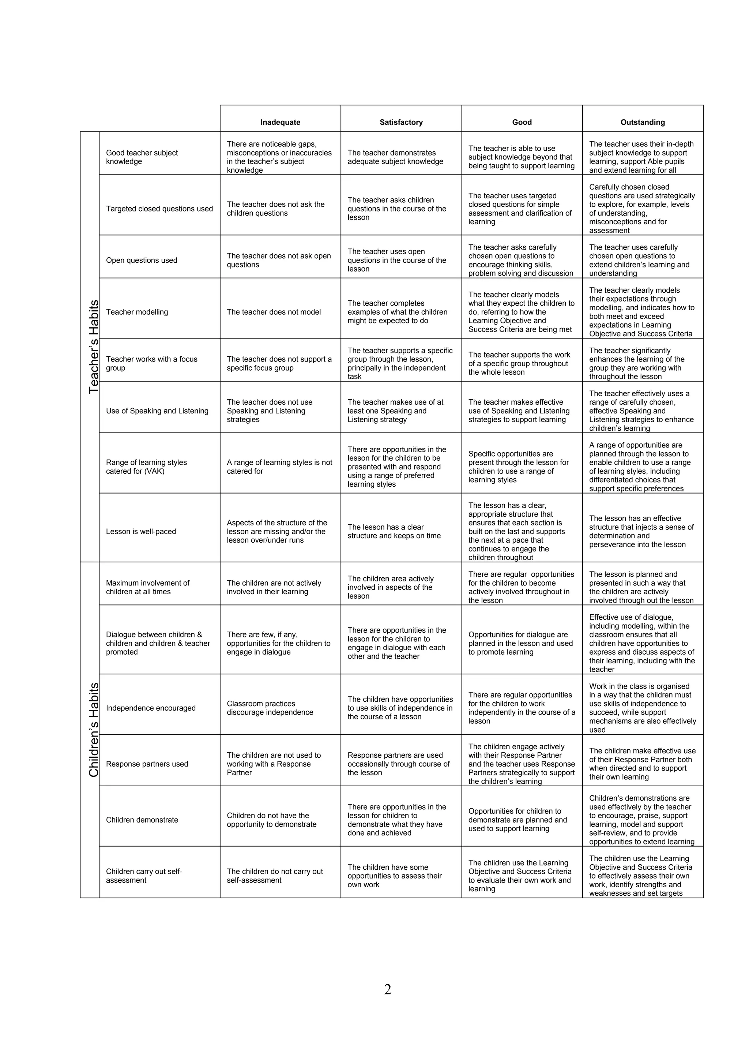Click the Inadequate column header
[280, 122]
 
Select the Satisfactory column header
[401, 122]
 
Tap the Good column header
[522, 122]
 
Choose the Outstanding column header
[643, 122]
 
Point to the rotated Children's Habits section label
[94, 730]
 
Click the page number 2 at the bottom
[388, 989]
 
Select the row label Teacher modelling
[137, 312]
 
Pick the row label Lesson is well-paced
[141, 531]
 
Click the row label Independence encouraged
[151, 708]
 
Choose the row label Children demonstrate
[142, 820]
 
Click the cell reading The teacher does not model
[274, 312]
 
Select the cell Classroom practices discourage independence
[270, 708]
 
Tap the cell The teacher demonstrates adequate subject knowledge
[395, 157]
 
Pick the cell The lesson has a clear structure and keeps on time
[394, 531]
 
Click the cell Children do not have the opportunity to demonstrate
[272, 820]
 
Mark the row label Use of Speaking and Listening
[157, 411]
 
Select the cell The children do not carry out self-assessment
[275, 876]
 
